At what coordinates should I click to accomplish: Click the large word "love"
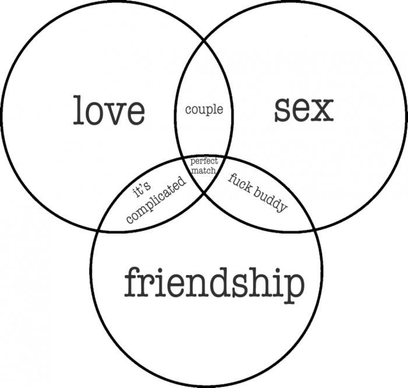pyautogui.click(x=109, y=110)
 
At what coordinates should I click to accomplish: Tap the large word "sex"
pyautogui.click(x=304, y=110)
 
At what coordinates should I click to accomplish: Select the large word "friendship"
pyautogui.click(x=214, y=285)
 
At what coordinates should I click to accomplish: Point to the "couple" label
pyautogui.click(x=204, y=110)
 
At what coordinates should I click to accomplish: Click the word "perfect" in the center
pyautogui.click(x=204, y=161)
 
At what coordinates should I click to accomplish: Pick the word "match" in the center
pyautogui.click(x=203, y=171)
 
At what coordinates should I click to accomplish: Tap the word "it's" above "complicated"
pyautogui.click(x=142, y=189)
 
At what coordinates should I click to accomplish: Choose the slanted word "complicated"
pyautogui.click(x=156, y=200)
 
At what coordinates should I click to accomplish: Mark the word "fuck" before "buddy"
pyautogui.click(x=240, y=183)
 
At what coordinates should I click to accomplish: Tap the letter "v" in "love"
pyautogui.click(x=114, y=114)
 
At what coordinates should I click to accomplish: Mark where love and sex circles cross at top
pyautogui.click(x=204, y=40)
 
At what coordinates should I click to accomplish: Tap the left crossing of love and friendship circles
pyautogui.click(x=97, y=230)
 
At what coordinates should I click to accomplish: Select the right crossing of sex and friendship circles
pyautogui.click(x=315, y=230)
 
